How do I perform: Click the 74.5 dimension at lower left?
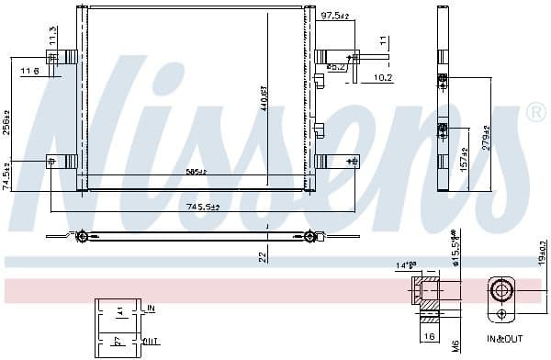[8, 174]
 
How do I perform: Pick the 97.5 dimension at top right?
[333, 16]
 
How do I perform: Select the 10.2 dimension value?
[383, 77]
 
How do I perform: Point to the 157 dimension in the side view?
[465, 162]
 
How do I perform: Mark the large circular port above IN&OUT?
[501, 293]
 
